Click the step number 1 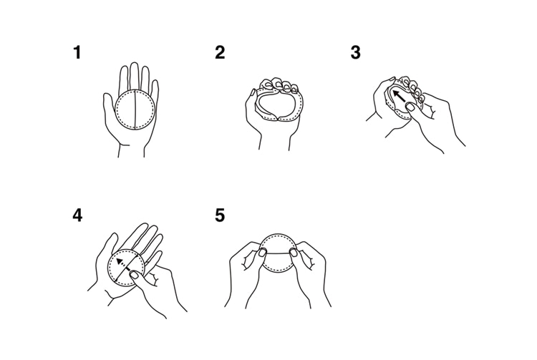click(77, 53)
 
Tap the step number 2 click(220, 53)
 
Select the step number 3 click(355, 53)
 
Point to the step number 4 click(77, 215)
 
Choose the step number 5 click(220, 215)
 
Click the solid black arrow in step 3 click(400, 96)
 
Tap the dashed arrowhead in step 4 click(120, 261)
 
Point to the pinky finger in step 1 click(155, 92)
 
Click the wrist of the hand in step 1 click(131, 150)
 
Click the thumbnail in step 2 click(253, 92)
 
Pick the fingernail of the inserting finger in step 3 click(410, 107)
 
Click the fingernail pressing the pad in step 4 click(135, 275)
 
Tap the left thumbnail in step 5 click(262, 253)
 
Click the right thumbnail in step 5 click(294, 253)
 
